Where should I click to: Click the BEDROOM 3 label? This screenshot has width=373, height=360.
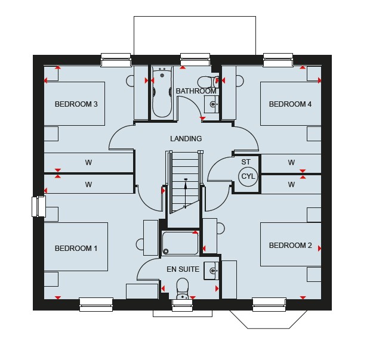click(76, 104)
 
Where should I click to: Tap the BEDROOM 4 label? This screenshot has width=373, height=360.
click(290, 104)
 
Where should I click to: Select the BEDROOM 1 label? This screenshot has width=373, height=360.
click(76, 249)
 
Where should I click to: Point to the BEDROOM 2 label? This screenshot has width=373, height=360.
click(290, 245)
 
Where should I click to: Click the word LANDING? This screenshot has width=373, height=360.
click(186, 138)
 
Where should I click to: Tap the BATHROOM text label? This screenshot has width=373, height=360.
click(196, 91)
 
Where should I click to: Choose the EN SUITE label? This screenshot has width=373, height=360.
click(183, 269)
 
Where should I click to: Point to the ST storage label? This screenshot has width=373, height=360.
click(246, 162)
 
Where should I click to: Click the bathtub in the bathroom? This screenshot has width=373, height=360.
click(162, 92)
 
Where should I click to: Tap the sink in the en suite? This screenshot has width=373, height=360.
click(211, 271)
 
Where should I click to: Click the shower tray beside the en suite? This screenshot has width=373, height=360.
click(180, 243)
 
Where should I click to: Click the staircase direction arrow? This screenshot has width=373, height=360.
click(186, 194)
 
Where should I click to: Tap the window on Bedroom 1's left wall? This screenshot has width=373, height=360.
click(39, 206)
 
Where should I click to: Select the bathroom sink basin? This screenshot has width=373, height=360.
click(211, 104)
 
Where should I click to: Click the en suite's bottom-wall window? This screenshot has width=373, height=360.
click(183, 305)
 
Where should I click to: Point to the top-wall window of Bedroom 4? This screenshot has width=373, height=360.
click(278, 60)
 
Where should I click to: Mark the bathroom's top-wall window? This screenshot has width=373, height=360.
click(195, 60)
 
